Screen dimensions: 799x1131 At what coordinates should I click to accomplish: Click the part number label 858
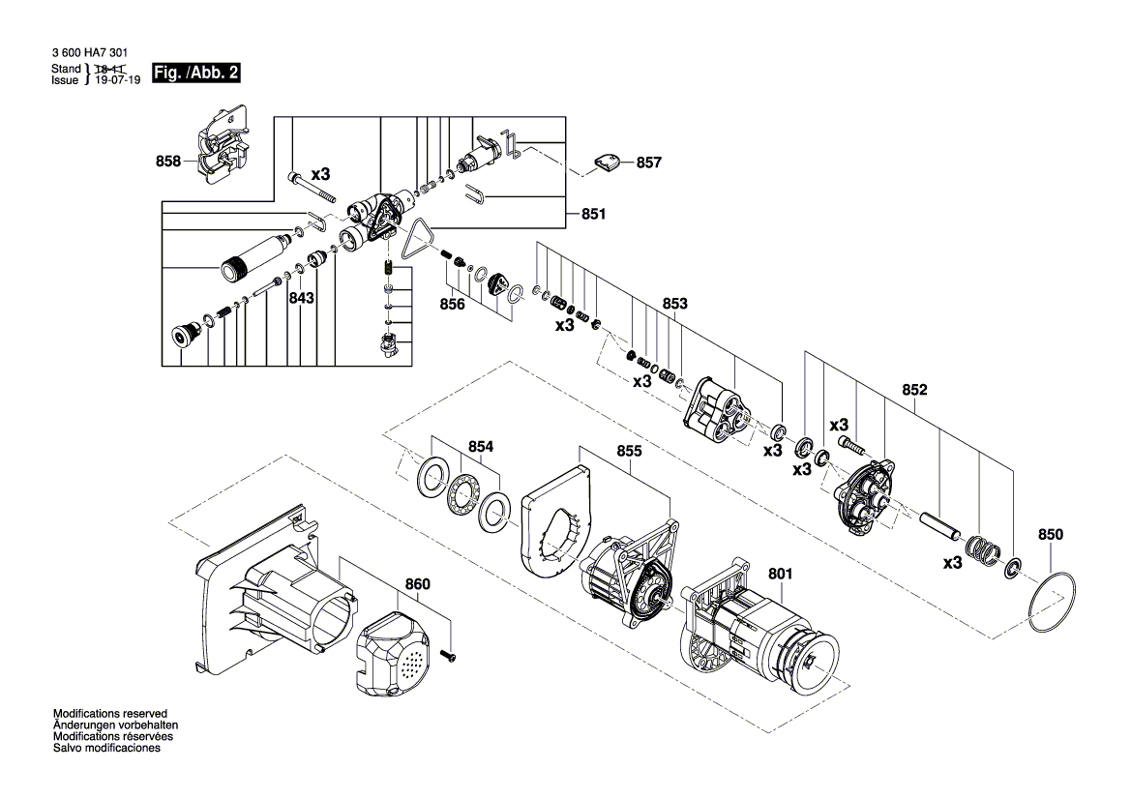[x=168, y=162]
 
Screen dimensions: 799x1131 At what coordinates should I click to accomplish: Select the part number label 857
[x=649, y=163]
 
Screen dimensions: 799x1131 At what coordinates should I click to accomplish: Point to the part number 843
[x=301, y=299]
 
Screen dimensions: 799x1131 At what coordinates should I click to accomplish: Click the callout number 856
[x=452, y=304]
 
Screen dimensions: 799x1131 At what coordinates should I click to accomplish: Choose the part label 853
[x=674, y=304]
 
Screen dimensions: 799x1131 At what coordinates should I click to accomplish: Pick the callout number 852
[x=914, y=391]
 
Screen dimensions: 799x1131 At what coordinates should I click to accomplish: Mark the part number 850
[x=1051, y=534]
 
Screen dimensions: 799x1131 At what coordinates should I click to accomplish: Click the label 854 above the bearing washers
[x=481, y=447]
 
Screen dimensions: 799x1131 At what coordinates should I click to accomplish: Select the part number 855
[x=629, y=451]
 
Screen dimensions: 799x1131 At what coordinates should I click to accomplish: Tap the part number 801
[x=780, y=573]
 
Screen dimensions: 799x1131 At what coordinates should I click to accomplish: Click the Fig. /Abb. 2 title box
[x=196, y=74]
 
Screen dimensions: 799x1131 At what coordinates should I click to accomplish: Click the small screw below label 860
[x=450, y=657]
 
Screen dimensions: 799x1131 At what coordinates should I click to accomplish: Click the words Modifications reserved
[x=109, y=713]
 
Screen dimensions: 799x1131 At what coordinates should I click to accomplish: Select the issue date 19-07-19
[x=117, y=81]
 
